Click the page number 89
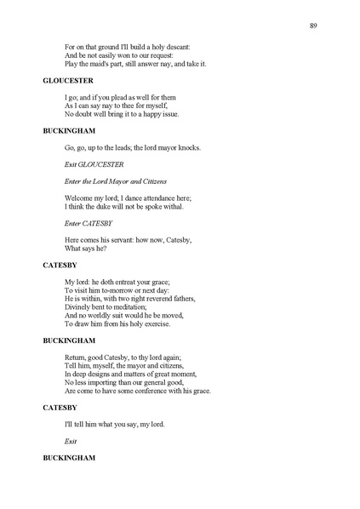click(x=314, y=26)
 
